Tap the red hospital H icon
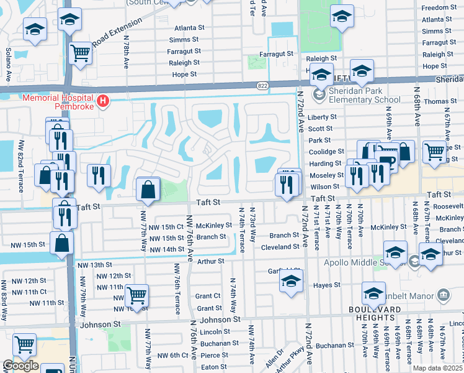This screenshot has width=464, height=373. pyautogui.click(x=103, y=99)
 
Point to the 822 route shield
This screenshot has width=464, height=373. pyautogui.click(x=264, y=85)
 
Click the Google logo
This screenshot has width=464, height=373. pyautogui.click(x=20, y=366)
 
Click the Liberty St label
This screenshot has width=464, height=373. pyautogui.click(x=322, y=117)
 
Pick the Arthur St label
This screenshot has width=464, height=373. pyautogui.click(x=210, y=262)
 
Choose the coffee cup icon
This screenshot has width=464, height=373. pyautogui.click(x=388, y=162)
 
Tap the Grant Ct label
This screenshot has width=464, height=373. pyautogui.click(x=208, y=297)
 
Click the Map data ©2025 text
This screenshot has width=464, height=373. pyautogui.click(x=437, y=368)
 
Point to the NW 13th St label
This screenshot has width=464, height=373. pyautogui.click(x=91, y=265)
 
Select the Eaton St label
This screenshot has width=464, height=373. pyautogui.click(x=214, y=367)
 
